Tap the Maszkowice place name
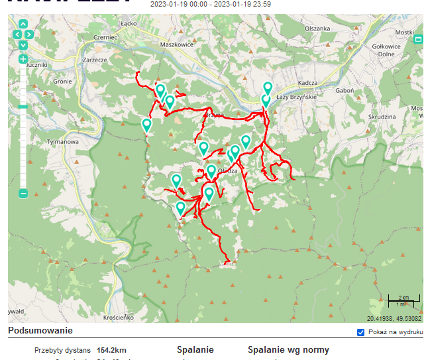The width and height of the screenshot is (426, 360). coord(176,45)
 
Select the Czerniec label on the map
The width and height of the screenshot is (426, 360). coord(105,38)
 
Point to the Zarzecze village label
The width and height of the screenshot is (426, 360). coord(95,60)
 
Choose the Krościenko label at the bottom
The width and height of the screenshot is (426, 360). coord(120,318)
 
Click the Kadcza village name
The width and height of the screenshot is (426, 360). coord(308,83)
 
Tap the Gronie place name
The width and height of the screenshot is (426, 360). coord(62,82)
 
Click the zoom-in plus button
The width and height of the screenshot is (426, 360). coord(23,58)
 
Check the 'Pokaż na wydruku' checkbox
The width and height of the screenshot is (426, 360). coord(361,331)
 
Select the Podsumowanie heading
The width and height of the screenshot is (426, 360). coord(40,330)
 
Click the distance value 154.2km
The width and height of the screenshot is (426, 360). coord(112,350)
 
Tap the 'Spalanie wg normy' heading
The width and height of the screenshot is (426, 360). coord(288,350)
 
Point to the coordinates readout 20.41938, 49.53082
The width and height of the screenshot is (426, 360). coord(394,318)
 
